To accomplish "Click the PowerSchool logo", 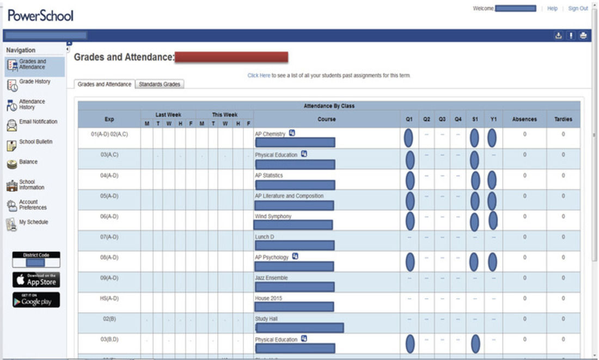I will (40, 16).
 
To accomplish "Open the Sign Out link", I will (578, 9).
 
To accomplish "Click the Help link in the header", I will (552, 9).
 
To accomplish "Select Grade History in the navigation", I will (34, 82).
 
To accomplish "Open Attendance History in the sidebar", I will (32, 104).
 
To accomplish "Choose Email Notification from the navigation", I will (38, 122).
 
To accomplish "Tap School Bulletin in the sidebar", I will (35, 142).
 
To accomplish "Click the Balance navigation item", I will (28, 162).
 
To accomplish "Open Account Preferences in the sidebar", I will (33, 204).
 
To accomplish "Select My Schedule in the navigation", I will (33, 222).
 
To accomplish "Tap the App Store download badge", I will (36, 279).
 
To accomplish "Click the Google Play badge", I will (36, 300).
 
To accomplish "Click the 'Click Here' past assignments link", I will (259, 76).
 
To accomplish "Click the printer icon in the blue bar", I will (583, 36).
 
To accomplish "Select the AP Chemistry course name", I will (270, 134).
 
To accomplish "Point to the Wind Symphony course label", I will (273, 216).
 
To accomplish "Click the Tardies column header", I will (563, 119).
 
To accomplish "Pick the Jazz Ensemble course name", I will (271, 278).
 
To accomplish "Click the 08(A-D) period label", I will (109, 257).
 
